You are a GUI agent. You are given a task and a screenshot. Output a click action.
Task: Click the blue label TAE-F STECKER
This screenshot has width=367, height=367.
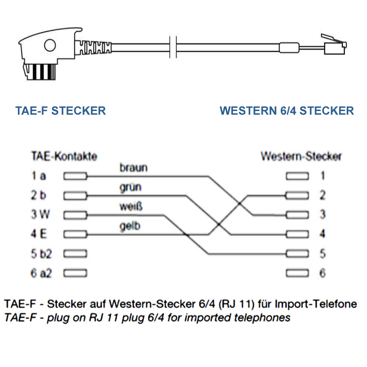pyautogui.click(x=61, y=111)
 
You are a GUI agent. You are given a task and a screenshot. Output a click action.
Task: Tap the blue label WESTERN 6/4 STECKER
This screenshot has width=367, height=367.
pyautogui.click(x=287, y=111)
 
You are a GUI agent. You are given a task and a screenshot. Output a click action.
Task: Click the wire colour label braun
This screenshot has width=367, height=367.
pyautogui.click(x=133, y=168)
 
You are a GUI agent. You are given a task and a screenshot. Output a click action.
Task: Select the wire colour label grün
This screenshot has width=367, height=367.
pyautogui.click(x=130, y=187)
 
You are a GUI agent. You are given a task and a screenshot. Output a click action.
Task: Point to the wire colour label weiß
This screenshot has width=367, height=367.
pyautogui.click(x=131, y=206)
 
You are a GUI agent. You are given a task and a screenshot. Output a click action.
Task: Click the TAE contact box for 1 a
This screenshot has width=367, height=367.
pyautogui.click(x=75, y=176)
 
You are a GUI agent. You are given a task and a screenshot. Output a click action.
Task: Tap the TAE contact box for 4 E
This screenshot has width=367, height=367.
pyautogui.click(x=75, y=234)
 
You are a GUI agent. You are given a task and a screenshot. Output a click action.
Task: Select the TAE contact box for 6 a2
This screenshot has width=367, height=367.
pyautogui.click(x=75, y=273)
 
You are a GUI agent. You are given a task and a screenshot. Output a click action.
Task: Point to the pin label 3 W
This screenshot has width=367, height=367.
pyautogui.click(x=40, y=215)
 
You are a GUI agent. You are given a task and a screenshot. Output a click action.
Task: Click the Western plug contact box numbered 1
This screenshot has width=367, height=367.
pyautogui.click(x=297, y=176)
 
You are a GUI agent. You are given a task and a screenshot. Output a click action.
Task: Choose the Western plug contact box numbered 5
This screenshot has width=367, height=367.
pyautogui.click(x=297, y=254)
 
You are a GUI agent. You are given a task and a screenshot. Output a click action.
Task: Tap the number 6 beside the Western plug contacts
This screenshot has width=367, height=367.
pyautogui.click(x=323, y=273)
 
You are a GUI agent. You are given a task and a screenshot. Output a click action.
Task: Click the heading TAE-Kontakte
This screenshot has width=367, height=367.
pyautogui.click(x=64, y=156)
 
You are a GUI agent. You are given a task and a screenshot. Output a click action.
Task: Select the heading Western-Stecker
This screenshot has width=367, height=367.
pyautogui.click(x=301, y=156)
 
